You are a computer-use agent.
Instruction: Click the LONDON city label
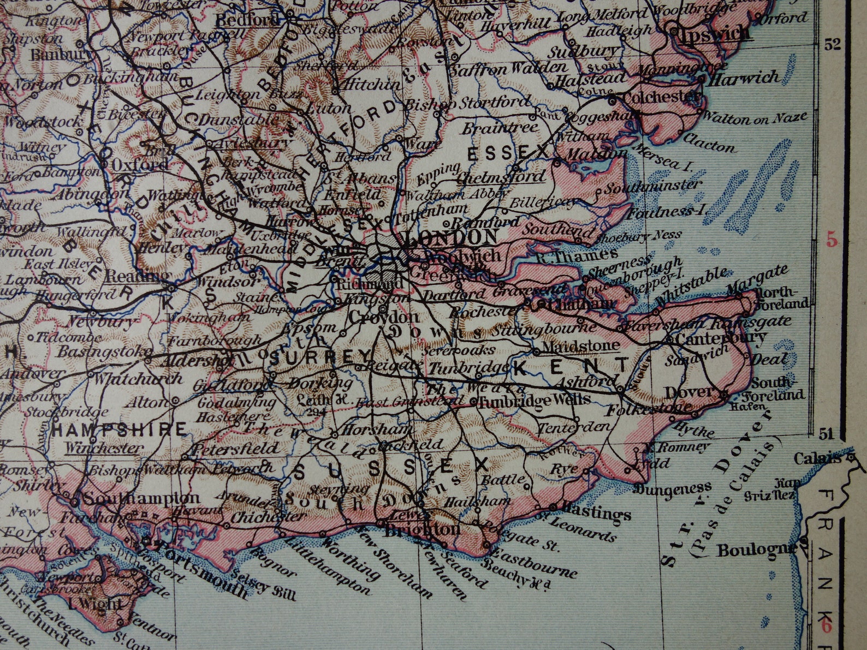point(450,237)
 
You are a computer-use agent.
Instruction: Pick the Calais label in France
point(817,458)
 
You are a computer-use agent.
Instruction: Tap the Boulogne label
point(756,550)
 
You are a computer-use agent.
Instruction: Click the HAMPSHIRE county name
point(119,430)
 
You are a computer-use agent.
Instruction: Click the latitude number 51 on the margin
point(826,434)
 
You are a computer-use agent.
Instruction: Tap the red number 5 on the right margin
point(832,239)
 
